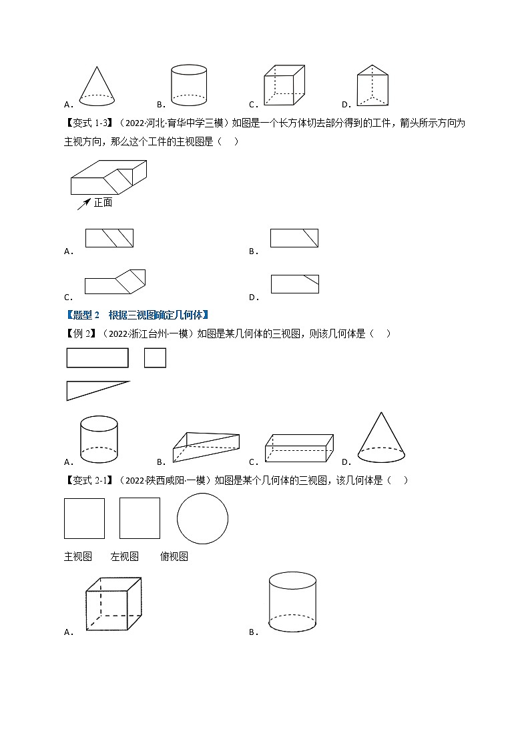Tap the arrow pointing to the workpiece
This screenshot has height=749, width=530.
tap(83, 203)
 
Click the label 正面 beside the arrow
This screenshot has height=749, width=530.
tap(103, 202)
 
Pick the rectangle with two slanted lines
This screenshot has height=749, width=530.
tap(109, 238)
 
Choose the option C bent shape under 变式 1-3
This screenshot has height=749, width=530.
tap(115, 282)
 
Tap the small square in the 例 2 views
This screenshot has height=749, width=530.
tap(155, 358)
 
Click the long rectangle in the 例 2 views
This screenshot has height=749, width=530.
tap(97, 358)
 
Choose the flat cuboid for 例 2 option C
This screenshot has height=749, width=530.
tap(299, 448)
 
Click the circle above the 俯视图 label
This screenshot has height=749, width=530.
tap(202, 519)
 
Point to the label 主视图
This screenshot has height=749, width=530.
tap(78, 556)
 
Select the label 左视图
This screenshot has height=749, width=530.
tap(125, 556)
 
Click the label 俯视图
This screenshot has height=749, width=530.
tap(174, 556)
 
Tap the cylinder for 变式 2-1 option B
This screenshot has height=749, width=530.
tap(292, 602)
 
